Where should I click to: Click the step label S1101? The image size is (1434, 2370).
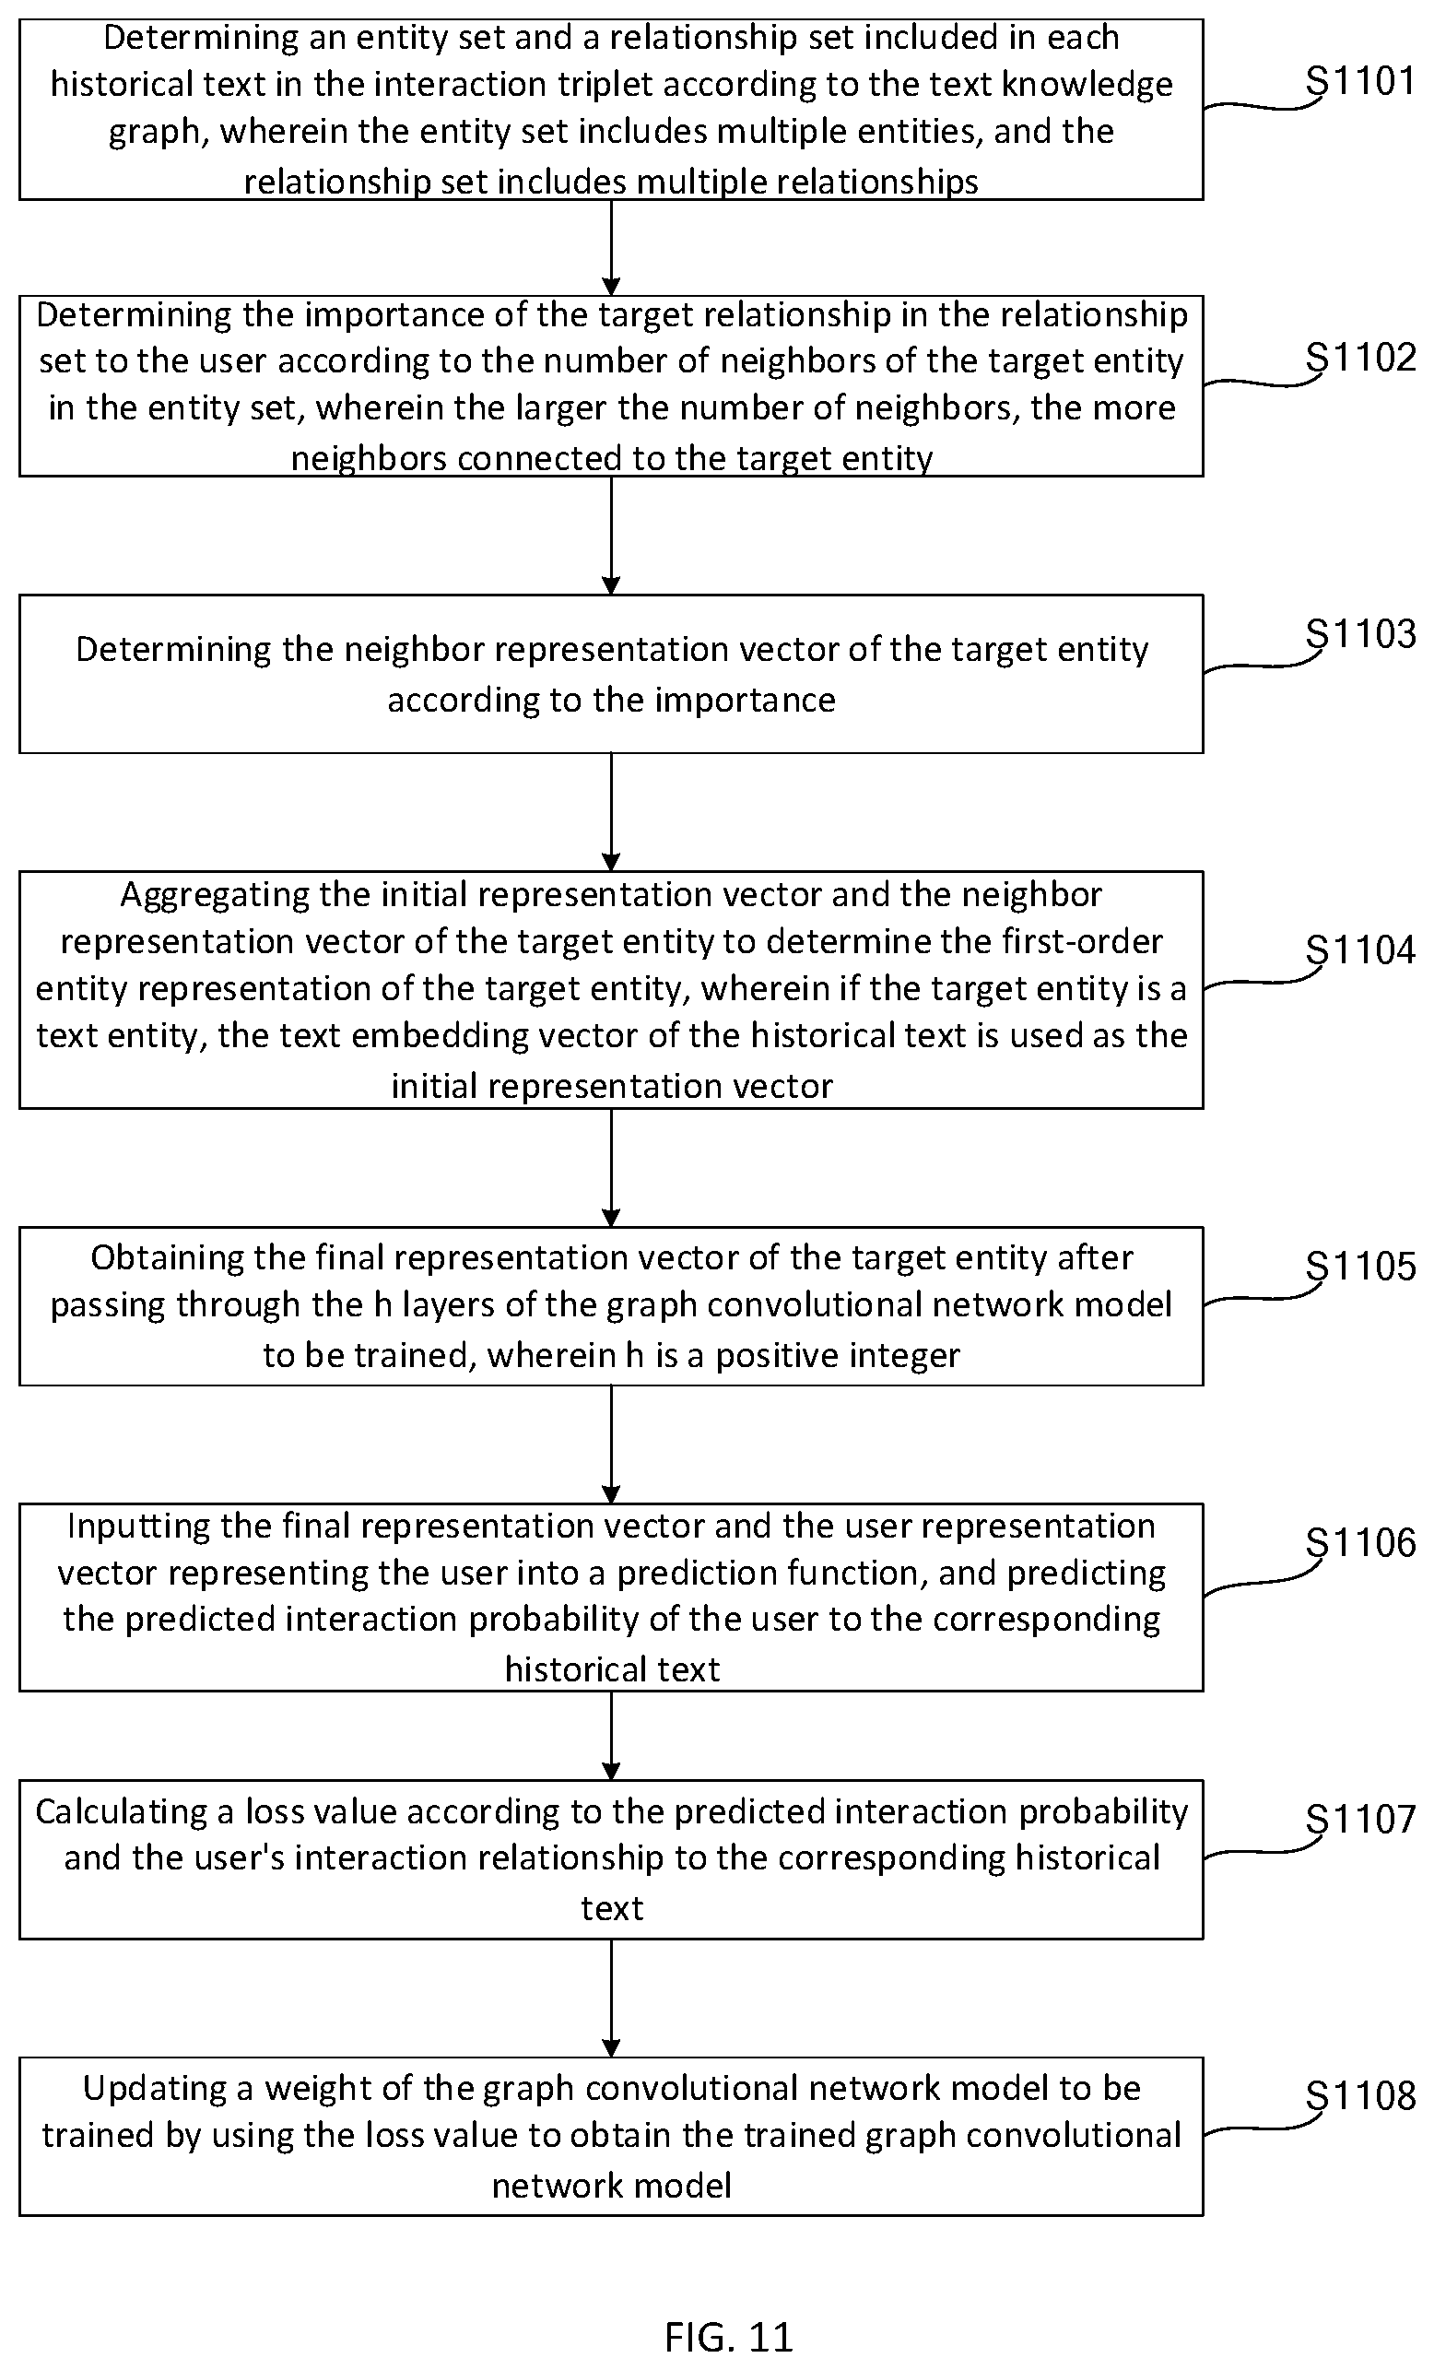1360,82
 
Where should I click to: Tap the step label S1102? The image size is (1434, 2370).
1360,358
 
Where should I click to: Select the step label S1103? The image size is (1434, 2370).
1360,634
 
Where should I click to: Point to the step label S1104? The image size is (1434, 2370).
1360,950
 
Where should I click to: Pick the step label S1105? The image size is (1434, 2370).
1360,1267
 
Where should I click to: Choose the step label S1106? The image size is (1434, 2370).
1360,1543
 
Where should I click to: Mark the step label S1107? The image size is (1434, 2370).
1360,1820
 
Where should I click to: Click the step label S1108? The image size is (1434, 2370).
1360,2096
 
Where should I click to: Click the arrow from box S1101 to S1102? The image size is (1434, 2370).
611,247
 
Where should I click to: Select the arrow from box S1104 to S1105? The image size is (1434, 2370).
611,1168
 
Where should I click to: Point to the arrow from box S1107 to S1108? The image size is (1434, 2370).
611,1999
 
